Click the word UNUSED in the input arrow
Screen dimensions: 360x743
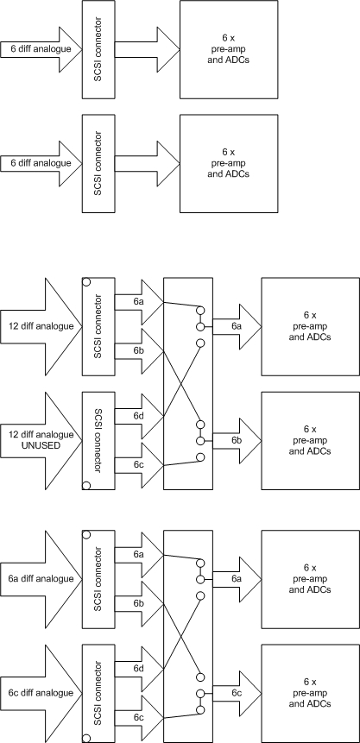pos(41,445)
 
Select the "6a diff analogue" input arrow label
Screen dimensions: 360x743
pos(41,578)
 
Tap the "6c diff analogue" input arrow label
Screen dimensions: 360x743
pos(41,693)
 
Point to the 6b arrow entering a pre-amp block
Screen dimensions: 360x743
pos(237,441)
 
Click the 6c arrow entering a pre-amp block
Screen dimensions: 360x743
pos(237,693)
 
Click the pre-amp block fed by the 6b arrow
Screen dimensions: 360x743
pos(310,441)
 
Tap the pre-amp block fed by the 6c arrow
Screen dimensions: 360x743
pos(310,693)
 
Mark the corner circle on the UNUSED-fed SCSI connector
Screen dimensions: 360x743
pos(86,485)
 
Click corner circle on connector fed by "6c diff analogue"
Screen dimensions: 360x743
pos(86,738)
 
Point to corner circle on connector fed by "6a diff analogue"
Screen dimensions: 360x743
pos(86,534)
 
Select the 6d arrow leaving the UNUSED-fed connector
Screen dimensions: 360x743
pos(139,416)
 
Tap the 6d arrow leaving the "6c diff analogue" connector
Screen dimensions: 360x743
pos(139,669)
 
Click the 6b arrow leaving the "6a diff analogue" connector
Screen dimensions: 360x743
pos(139,604)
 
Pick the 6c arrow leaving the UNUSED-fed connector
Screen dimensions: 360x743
pos(139,465)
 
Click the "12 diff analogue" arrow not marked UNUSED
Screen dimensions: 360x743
pos(41,326)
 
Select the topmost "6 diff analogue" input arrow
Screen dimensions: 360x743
pos(41,49)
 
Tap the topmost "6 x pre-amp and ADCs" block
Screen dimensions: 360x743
pos(229,49)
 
